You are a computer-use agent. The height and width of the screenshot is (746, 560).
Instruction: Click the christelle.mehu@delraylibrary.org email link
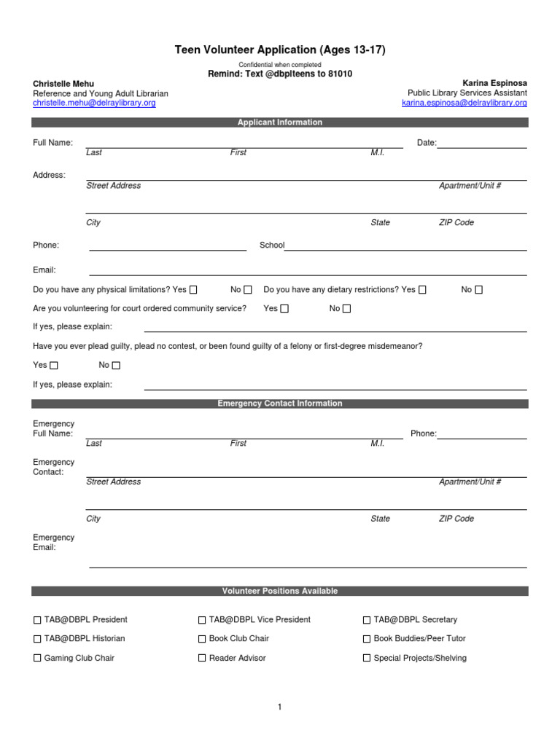pyautogui.click(x=94, y=103)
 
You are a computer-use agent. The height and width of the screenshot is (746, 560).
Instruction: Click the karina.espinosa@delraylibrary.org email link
pyautogui.click(x=464, y=103)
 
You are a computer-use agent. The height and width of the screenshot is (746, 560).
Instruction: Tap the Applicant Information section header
pyautogui.click(x=279, y=122)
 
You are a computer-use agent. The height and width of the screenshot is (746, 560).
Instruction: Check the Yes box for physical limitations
pyautogui.click(x=192, y=290)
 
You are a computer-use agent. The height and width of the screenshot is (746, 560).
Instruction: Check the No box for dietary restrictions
pyautogui.click(x=478, y=290)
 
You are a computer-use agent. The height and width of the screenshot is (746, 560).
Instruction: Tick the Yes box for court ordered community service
pyautogui.click(x=284, y=309)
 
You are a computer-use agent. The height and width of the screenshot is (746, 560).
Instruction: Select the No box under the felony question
pyautogui.click(x=116, y=366)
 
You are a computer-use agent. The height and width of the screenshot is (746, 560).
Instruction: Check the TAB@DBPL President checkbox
pyautogui.click(x=38, y=620)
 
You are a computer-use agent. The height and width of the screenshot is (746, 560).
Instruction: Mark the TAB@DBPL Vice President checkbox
pyautogui.click(x=202, y=620)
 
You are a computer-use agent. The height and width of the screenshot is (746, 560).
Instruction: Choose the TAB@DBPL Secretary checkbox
pyautogui.click(x=367, y=620)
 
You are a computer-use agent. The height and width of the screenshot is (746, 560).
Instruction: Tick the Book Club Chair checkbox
pyautogui.click(x=202, y=639)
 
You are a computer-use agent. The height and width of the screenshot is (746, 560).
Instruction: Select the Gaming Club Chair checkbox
pyautogui.click(x=38, y=659)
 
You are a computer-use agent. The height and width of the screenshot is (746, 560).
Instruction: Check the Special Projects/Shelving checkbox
pyautogui.click(x=367, y=659)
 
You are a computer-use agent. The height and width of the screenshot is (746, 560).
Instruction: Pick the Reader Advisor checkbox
pyautogui.click(x=202, y=659)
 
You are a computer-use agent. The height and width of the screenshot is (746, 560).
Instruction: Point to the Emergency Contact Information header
pyautogui.click(x=279, y=404)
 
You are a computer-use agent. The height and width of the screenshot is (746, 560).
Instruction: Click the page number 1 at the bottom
pyautogui.click(x=279, y=707)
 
